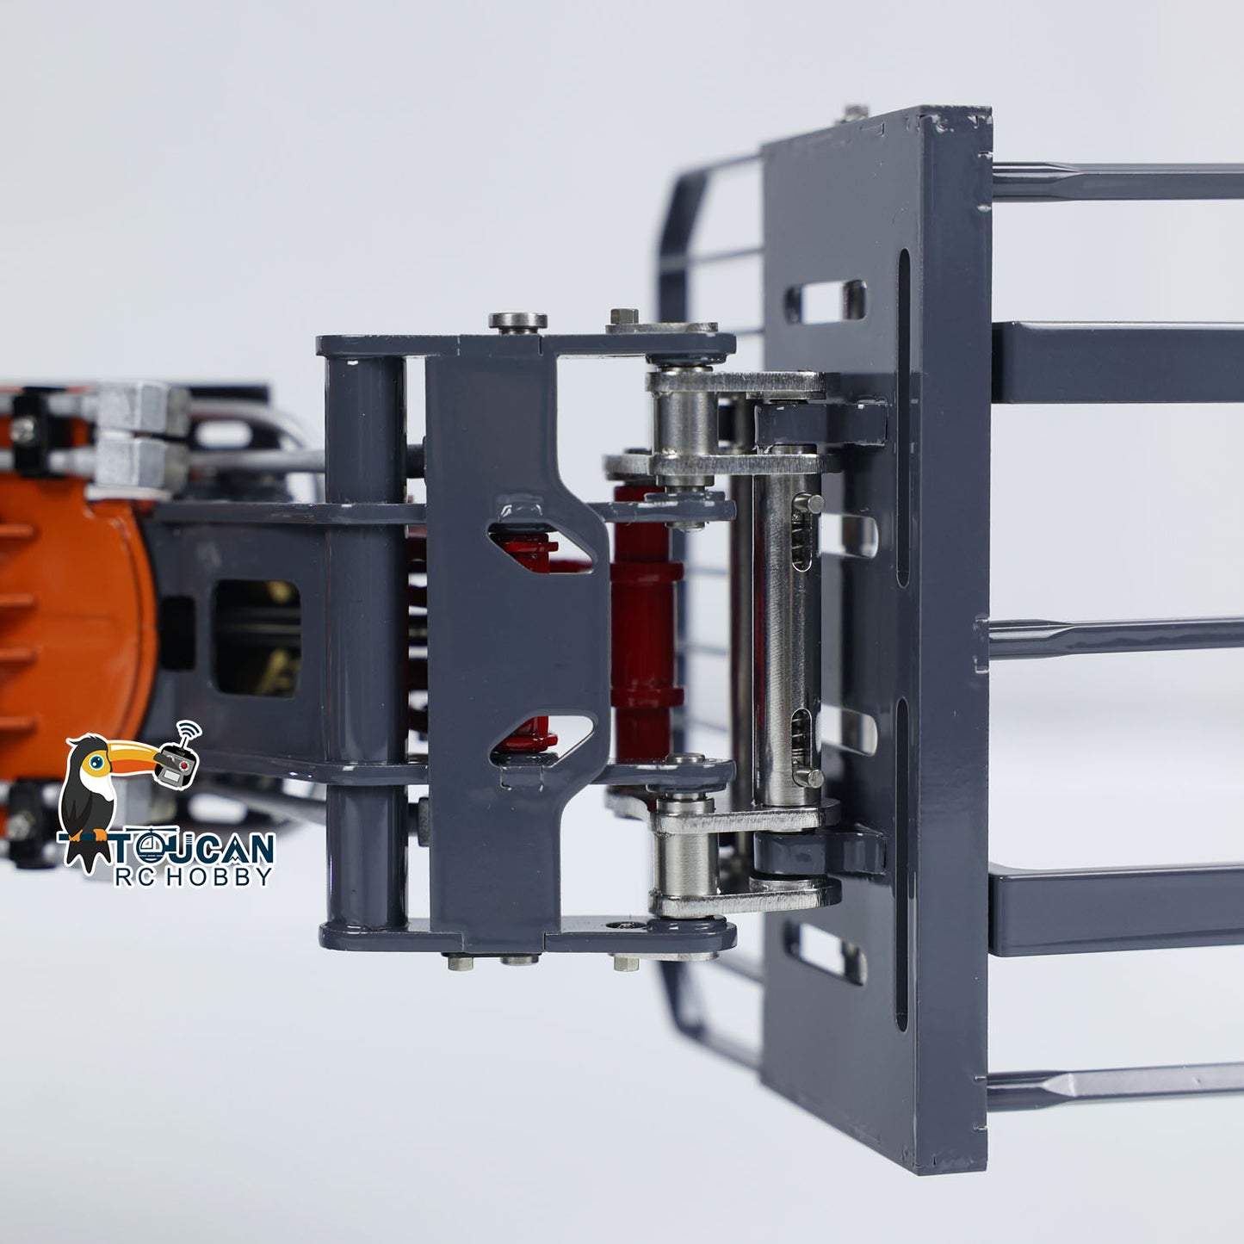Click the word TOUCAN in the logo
(194, 848)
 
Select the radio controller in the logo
(177, 763)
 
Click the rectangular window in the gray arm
(257, 639)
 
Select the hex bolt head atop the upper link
(623, 316)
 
